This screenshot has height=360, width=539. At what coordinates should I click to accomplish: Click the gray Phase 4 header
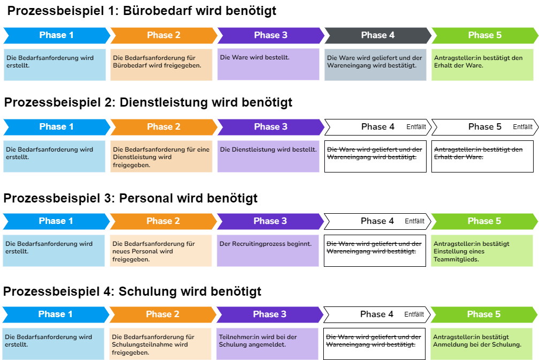pyautogui.click(x=377, y=35)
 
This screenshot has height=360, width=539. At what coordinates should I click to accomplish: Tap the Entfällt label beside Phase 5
pyautogui.click(x=522, y=127)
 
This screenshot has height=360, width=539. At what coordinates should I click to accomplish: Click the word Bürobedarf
pyautogui.click(x=131, y=65)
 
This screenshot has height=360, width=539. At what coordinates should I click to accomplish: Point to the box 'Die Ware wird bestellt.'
pyautogui.click(x=269, y=64)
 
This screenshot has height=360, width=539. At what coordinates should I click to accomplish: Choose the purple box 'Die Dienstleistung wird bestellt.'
pyautogui.click(x=269, y=156)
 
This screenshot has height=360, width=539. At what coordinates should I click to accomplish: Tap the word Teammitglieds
pyautogui.click(x=456, y=259)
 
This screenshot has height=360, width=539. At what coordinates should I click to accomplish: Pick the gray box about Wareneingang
pyautogui.click(x=375, y=64)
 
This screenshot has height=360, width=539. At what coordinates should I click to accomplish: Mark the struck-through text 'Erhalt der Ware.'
pyautogui.click(x=459, y=157)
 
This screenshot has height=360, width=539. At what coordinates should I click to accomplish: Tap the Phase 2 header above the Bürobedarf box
pyautogui.click(x=163, y=35)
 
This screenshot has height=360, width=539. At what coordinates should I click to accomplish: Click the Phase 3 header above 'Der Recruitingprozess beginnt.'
pyautogui.click(x=270, y=221)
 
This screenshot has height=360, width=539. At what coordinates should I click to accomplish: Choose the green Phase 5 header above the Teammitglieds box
pyautogui.click(x=484, y=221)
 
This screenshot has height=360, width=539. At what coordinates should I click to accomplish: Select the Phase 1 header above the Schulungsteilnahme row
pyautogui.click(x=55, y=314)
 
